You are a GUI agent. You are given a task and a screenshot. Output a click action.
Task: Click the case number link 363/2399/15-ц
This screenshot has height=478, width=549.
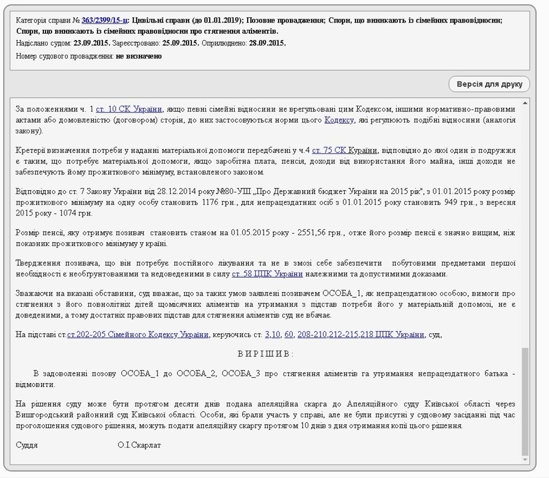tap(105, 20)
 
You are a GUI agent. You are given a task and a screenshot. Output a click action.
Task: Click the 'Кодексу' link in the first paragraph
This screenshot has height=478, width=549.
tap(339, 120)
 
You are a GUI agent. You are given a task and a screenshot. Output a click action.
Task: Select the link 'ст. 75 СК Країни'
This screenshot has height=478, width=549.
tap(345, 151)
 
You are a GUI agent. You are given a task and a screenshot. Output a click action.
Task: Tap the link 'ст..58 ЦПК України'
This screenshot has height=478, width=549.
tap(267, 274)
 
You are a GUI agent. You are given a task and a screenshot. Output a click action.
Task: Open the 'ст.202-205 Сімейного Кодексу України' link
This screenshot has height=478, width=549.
tap(138, 335)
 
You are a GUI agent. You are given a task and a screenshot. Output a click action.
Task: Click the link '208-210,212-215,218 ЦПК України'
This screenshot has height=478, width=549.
tap(361, 335)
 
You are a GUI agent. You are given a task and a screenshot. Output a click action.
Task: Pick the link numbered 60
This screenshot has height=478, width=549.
tap(289, 335)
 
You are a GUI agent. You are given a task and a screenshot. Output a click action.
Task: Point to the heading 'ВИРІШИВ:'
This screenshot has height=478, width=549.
tap(266, 354)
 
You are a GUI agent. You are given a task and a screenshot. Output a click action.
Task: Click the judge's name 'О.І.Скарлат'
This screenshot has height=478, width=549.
tap(139, 445)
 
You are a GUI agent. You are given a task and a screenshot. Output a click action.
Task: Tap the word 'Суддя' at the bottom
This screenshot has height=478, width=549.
tap(27, 445)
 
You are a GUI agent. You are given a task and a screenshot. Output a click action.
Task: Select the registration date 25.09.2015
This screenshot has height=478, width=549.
tap(181, 43)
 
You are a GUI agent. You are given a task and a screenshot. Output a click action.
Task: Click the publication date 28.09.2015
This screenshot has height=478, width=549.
tap(268, 43)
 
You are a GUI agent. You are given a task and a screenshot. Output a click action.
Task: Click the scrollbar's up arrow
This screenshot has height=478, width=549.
tap(525, 102)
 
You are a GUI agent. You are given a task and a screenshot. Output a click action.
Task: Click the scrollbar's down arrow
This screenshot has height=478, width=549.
tap(525, 460)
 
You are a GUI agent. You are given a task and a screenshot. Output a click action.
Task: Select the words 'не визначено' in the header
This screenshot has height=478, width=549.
tap(139, 56)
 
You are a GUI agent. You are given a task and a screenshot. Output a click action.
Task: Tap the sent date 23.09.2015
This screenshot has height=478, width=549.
tap(91, 43)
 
